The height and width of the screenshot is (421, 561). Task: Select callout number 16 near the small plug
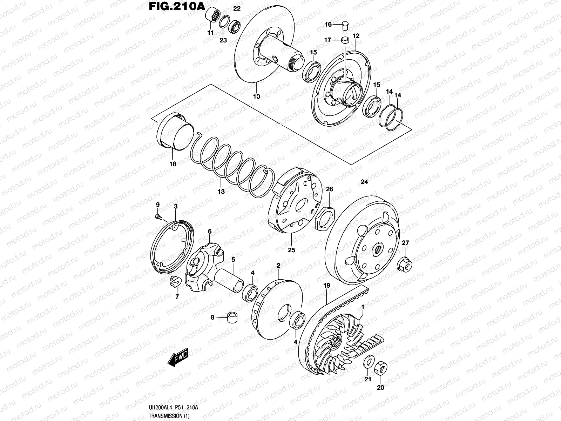pos(328,24)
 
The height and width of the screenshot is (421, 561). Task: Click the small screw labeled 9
pos(158,217)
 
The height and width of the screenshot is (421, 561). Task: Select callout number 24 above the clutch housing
pos(364,182)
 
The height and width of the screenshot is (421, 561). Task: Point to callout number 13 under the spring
pos(221,192)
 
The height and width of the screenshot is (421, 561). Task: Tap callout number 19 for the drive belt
pos(326,286)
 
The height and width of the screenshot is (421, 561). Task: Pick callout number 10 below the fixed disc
pos(256,96)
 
